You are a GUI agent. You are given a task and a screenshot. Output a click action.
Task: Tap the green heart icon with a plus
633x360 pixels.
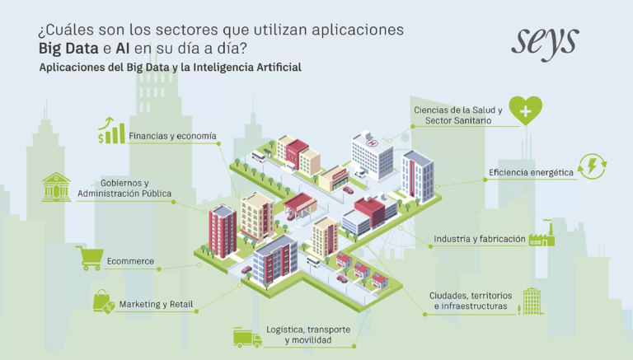[x=525, y=110]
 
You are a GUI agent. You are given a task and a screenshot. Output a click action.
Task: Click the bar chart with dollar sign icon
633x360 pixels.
[x=111, y=130]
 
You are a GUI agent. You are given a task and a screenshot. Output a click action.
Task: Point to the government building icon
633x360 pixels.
[x=56, y=188]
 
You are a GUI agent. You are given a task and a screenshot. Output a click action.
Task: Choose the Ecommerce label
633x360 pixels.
[x=130, y=262]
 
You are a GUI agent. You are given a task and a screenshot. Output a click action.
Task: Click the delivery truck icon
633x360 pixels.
[x=246, y=336]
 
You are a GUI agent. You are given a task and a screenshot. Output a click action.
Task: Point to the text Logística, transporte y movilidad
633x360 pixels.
[x=307, y=334]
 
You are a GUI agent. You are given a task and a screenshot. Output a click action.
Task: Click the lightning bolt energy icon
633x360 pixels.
[x=593, y=167]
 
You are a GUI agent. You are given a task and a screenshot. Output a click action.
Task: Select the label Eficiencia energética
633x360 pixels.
[x=531, y=173]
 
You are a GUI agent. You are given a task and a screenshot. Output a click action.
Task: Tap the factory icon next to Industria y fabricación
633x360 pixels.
[x=542, y=236]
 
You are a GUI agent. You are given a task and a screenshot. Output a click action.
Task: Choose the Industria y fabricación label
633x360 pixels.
[x=480, y=240]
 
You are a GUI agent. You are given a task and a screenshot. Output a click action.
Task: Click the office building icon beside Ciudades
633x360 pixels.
[x=532, y=300]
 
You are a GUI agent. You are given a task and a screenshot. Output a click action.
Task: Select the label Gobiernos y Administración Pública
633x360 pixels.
[x=124, y=189]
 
